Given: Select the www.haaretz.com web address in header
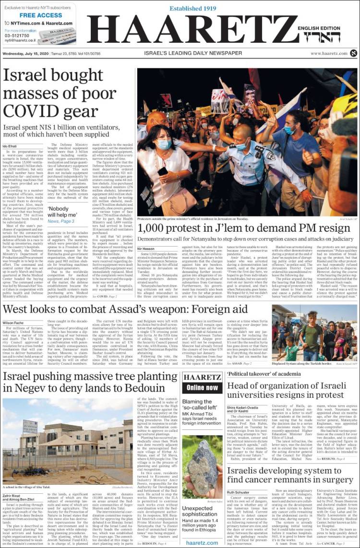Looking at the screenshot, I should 329,53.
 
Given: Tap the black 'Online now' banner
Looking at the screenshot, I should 202,387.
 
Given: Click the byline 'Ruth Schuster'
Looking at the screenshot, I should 239,492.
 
